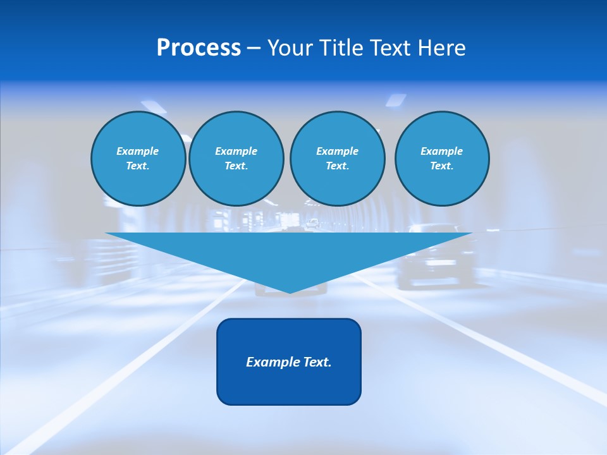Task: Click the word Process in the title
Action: click(199, 48)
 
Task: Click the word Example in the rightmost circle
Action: click(442, 151)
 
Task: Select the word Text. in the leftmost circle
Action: click(138, 166)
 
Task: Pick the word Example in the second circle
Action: click(236, 151)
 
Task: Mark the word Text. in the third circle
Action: click(337, 166)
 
